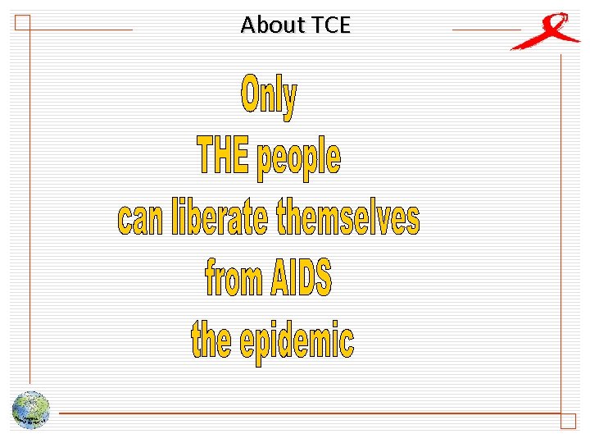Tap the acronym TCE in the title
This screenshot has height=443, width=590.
(x=330, y=25)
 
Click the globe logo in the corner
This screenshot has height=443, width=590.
(x=31, y=409)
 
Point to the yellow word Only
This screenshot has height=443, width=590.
(x=269, y=97)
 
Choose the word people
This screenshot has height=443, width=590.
(x=298, y=158)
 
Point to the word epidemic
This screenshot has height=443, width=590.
(x=297, y=340)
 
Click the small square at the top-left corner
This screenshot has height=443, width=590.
(x=22, y=22)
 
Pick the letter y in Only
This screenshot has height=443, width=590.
(x=289, y=101)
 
